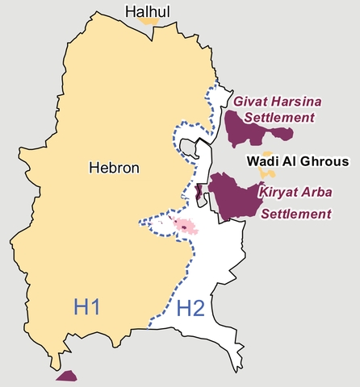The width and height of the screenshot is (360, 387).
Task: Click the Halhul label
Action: [146, 10]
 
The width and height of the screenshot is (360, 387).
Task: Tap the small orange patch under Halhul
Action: [148, 21]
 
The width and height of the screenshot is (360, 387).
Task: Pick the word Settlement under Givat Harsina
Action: [279, 118]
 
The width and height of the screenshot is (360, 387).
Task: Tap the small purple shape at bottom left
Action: [66, 376]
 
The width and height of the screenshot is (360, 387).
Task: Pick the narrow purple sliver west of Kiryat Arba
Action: [199, 192]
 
